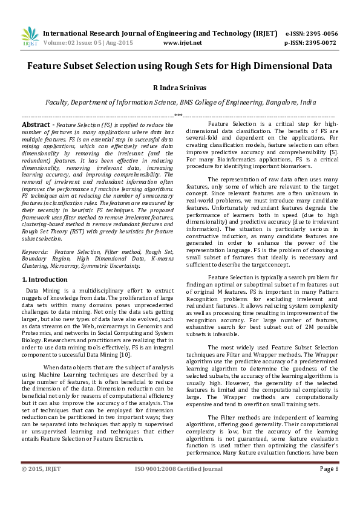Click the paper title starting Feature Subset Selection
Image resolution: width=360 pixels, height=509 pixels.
(x=179, y=65)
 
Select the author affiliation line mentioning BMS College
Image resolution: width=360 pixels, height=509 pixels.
(x=180, y=103)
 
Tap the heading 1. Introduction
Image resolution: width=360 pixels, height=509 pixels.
(x=45, y=279)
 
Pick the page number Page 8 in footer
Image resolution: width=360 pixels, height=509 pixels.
(x=329, y=485)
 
